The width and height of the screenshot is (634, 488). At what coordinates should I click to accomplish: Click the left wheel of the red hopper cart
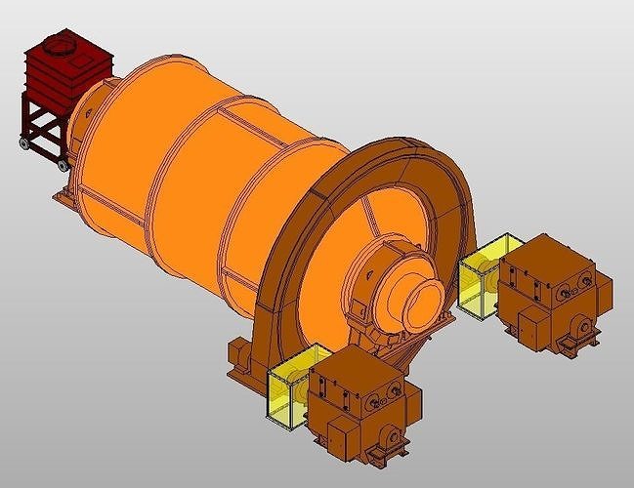(22, 143)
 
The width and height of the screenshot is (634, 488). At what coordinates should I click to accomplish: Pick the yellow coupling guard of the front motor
(291, 386)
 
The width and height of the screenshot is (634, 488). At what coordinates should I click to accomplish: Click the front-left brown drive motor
(361, 400)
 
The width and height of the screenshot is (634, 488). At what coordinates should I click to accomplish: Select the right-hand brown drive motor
(552, 293)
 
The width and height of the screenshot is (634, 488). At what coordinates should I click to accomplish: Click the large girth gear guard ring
(391, 176)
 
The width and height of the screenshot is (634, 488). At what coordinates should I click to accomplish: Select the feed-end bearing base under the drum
(63, 195)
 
